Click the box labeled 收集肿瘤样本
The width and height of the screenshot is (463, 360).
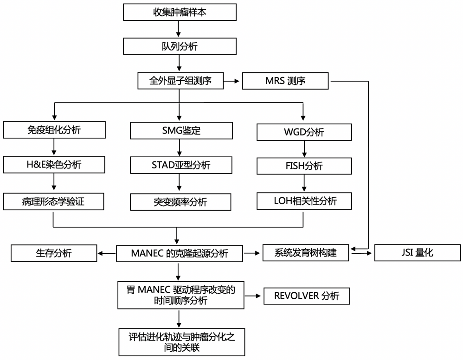(180, 12)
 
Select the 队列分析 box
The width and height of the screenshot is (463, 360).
(180, 46)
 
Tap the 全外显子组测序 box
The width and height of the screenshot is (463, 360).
(180, 81)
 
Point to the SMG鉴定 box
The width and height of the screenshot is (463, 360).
(181, 130)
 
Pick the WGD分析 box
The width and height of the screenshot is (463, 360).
(304, 132)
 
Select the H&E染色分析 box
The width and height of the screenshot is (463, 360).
(54, 165)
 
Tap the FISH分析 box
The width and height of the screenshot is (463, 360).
(304, 166)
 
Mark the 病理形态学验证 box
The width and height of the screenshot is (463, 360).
(54, 201)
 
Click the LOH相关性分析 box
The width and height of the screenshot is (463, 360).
(304, 201)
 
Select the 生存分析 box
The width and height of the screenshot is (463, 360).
(54, 253)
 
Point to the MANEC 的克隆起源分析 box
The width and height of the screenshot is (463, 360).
(180, 253)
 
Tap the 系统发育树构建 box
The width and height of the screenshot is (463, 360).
(306, 253)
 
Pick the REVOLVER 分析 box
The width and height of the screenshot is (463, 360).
(307, 296)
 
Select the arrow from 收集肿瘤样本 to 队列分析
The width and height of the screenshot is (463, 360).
(180, 29)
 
